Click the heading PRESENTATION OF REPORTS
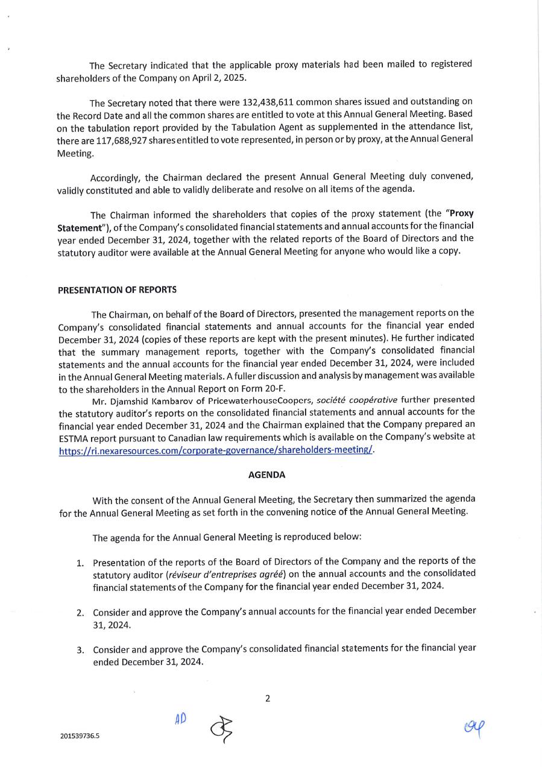point(117,289)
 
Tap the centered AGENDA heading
point(266,475)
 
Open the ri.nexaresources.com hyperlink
point(216,450)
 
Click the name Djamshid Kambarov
point(145,400)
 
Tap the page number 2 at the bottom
point(268,699)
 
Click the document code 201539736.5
point(80,736)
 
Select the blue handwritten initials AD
point(180,719)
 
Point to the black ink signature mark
point(221,730)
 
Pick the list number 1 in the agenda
point(80,563)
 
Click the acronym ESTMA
point(75,438)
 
